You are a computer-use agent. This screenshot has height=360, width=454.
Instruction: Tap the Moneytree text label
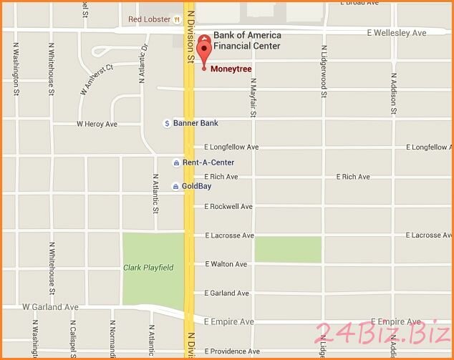pyautogui.click(x=231, y=69)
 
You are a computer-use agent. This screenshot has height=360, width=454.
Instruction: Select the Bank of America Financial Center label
pyautogui.click(x=247, y=41)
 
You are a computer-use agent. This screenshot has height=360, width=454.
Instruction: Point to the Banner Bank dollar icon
pyautogui.click(x=167, y=123)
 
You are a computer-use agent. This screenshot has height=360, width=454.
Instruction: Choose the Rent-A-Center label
pyautogui.click(x=208, y=162)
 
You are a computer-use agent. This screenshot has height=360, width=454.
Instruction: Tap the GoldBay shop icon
pyautogui.click(x=175, y=186)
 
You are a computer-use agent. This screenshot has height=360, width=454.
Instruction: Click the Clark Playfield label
pyautogui.click(x=148, y=268)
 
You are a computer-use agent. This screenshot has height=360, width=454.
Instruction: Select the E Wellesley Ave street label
pyautogui.click(x=396, y=33)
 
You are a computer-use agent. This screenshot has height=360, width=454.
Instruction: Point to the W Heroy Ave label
pyautogui.click(x=97, y=124)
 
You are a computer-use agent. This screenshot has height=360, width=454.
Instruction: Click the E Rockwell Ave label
pyautogui.click(x=228, y=206)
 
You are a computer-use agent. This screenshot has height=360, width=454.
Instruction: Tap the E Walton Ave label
pyautogui.click(x=226, y=264)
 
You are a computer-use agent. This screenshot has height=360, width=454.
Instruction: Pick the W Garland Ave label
pyautogui.click(x=50, y=307)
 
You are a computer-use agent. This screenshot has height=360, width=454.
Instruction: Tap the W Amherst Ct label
pyautogui.click(x=97, y=79)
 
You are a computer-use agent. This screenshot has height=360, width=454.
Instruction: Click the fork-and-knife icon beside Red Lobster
pyautogui.click(x=175, y=19)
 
